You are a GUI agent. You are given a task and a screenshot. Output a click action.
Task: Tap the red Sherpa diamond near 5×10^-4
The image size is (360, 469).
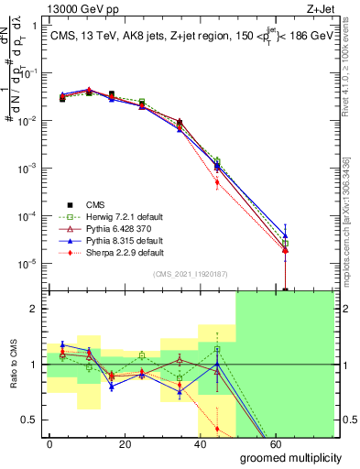click(217, 182)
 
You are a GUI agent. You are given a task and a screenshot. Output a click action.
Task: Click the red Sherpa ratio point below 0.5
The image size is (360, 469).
click(217, 429)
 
